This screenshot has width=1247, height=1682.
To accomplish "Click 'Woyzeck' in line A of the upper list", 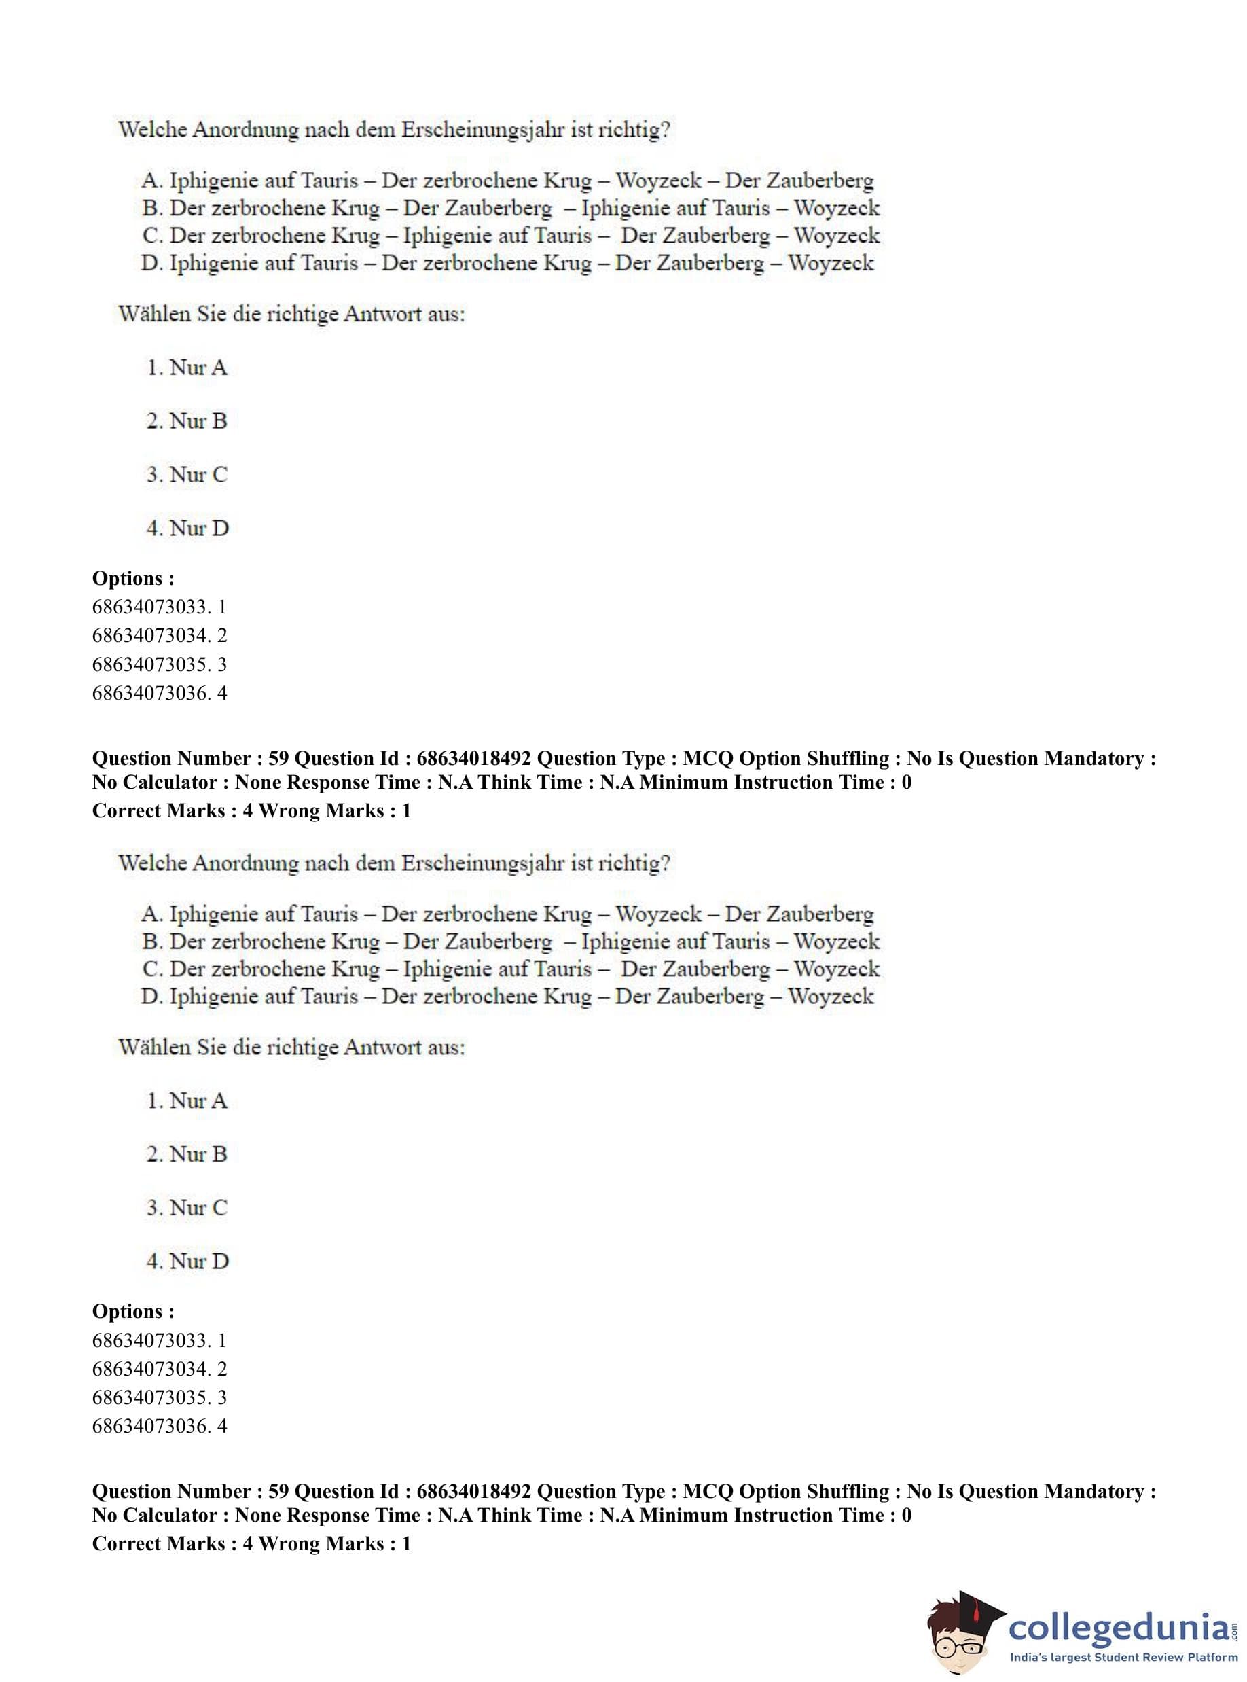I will (x=658, y=181).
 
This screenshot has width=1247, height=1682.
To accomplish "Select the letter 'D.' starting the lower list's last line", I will (x=151, y=997).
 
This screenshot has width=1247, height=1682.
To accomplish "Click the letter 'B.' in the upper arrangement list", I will (x=151, y=209).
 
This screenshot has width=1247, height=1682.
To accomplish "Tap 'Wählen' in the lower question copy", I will (x=154, y=1047).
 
